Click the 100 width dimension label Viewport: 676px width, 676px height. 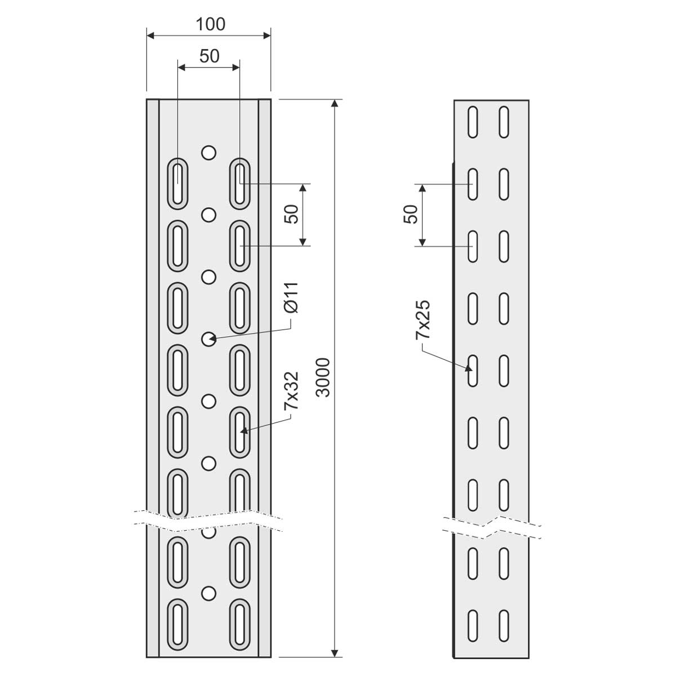tap(210, 24)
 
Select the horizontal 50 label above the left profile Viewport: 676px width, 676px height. tap(210, 56)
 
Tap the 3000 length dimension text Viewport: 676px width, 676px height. tap(323, 377)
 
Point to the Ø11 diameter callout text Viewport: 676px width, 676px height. tap(291, 297)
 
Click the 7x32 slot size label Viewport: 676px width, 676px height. tap(291, 390)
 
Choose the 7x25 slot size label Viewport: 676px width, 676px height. tap(422, 319)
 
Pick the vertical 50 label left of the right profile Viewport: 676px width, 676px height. tap(411, 214)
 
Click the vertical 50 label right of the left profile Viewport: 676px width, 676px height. tap(291, 214)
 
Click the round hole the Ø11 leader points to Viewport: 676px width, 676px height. tap(209, 339)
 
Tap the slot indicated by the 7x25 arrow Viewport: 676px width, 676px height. tap(473, 371)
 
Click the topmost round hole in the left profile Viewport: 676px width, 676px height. tap(209, 153)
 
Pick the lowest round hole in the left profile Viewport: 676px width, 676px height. tap(209, 593)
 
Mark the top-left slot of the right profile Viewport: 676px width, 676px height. tap(473, 122)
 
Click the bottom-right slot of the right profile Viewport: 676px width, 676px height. tap(504, 626)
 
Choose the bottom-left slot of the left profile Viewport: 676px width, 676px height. tap(178, 625)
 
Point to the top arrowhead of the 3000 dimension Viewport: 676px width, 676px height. tap(335, 103)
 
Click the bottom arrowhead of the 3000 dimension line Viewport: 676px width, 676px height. tap(335, 653)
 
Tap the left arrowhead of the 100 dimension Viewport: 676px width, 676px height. tap(150, 35)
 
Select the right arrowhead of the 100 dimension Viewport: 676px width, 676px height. tap(267, 35)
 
